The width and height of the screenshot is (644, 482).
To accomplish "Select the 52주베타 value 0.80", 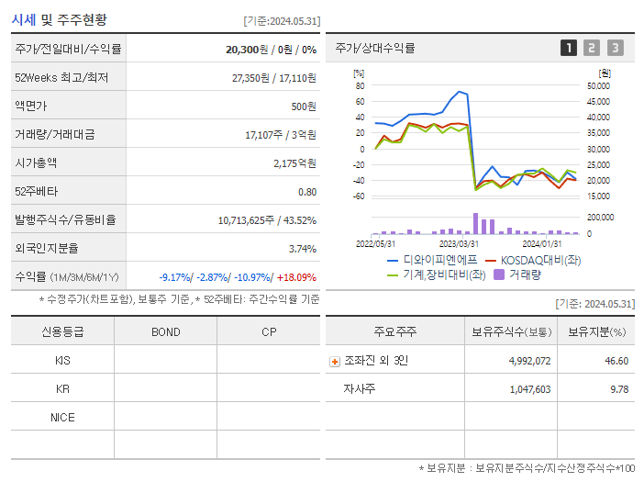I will [x=306, y=192].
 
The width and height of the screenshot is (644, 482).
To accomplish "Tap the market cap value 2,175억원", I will [x=294, y=163].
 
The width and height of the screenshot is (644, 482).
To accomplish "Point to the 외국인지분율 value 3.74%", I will [x=302, y=249].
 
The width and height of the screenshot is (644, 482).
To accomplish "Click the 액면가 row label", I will [x=33, y=106].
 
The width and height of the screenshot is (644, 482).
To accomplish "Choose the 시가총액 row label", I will [x=36, y=163].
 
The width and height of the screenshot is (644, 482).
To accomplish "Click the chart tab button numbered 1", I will [x=569, y=48].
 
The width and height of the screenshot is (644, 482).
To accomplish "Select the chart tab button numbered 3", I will [x=615, y=48].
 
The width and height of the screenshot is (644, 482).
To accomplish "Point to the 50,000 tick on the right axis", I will [x=597, y=85].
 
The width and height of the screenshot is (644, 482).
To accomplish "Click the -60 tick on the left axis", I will [x=358, y=196].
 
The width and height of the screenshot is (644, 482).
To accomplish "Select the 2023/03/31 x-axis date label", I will [x=459, y=243].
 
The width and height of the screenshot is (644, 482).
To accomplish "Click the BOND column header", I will [x=165, y=331].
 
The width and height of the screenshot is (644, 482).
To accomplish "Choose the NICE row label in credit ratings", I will [x=62, y=417].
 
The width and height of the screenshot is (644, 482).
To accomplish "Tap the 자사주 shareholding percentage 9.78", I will [x=617, y=389].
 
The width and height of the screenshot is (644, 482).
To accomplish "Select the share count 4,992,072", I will [x=529, y=361].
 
